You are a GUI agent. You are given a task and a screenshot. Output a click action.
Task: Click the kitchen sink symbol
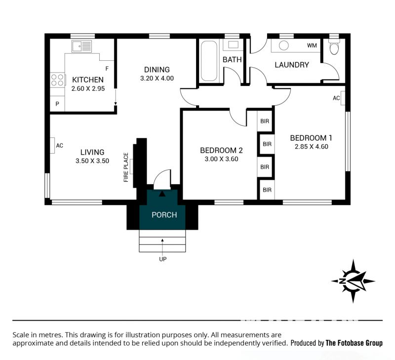(x=81, y=46)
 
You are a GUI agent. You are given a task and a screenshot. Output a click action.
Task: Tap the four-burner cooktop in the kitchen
(x=57, y=80)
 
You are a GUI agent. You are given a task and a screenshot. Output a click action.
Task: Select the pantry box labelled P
(x=57, y=104)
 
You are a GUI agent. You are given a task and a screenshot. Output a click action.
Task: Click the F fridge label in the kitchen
(x=107, y=69)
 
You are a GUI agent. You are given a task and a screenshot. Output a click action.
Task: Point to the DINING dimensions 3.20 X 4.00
(x=157, y=79)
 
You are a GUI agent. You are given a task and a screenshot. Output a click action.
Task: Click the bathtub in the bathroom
(x=209, y=61)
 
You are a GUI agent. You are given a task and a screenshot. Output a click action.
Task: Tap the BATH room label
(x=232, y=60)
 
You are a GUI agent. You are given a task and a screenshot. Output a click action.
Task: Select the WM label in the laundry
(x=312, y=45)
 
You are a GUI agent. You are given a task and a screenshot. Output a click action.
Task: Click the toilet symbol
(x=334, y=46)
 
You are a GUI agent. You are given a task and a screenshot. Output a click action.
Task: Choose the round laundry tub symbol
(x=284, y=45)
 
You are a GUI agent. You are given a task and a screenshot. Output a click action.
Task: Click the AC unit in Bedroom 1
(x=343, y=98)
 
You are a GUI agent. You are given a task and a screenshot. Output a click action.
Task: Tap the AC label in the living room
(x=60, y=145)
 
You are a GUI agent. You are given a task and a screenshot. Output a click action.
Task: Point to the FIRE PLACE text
(x=126, y=167)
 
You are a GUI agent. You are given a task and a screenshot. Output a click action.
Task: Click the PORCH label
(x=164, y=215)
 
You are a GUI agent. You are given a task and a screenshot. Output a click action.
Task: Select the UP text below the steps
(x=163, y=259)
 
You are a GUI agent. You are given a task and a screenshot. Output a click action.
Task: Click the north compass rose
(x=353, y=281)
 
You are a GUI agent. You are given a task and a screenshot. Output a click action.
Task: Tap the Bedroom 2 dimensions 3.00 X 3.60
(x=221, y=159)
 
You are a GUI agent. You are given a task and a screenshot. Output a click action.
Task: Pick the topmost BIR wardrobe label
(x=265, y=121)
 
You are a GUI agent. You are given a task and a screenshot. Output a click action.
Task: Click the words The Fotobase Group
(x=354, y=343)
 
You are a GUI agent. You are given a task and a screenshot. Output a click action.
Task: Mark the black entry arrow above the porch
(x=162, y=194)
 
